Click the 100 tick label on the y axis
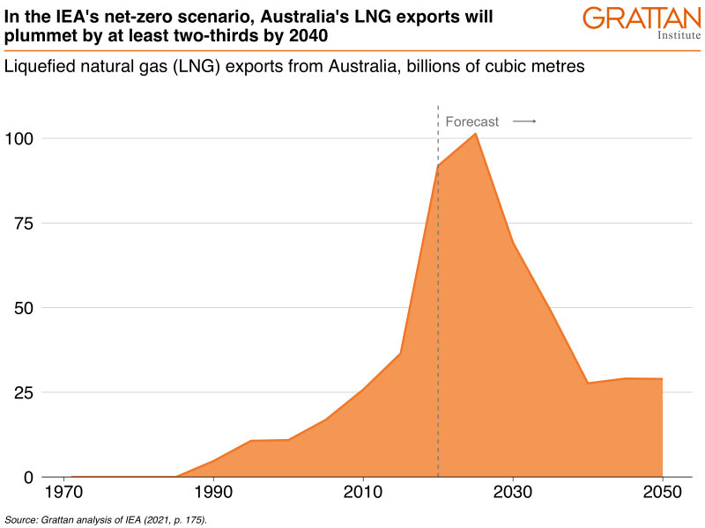coord(20,139)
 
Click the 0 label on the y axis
coord(28,477)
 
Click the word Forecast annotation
coord(472,122)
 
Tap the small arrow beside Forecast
coord(524,122)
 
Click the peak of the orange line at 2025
coord(476,133)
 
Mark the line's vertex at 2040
coord(588,383)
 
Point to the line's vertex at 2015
coord(401,353)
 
